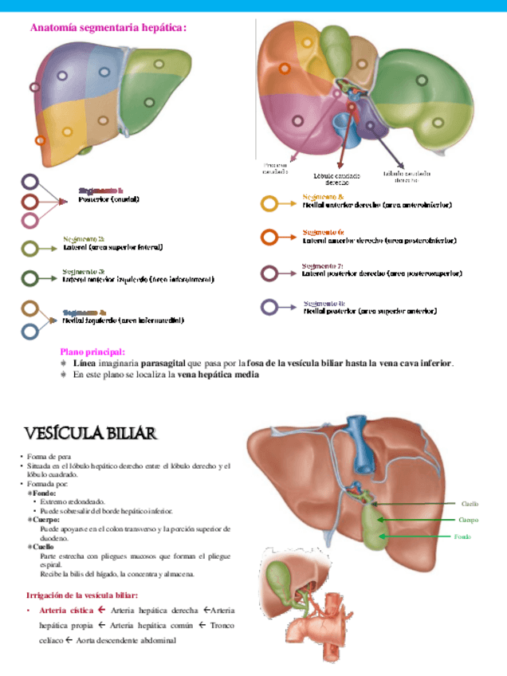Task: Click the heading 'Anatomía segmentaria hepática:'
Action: [108, 28]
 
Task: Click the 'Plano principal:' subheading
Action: [92, 352]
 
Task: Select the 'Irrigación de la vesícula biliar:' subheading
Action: [83, 595]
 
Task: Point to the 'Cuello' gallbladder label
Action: [470, 503]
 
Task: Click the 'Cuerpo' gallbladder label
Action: [468, 520]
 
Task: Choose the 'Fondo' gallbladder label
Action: [463, 537]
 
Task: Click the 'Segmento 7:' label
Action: [323, 265]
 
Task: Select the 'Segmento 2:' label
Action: [84, 238]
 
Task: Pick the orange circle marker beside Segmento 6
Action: [269, 237]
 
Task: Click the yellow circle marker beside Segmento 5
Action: [269, 203]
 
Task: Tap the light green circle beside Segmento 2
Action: [30, 249]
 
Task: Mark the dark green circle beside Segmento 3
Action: [30, 278]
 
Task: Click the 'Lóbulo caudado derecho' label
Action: [336, 179]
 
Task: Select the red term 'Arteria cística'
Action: [61, 611]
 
